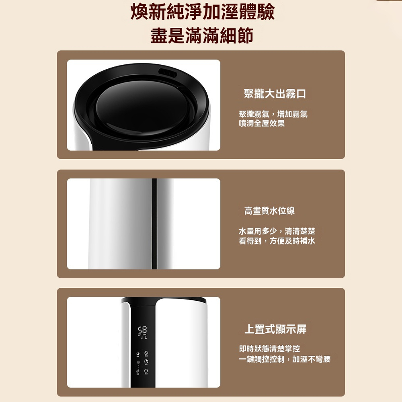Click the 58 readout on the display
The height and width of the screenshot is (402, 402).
142,330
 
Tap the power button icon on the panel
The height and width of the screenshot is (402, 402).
146,371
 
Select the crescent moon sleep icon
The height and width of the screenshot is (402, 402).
138,353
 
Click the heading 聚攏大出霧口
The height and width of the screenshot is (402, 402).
275,94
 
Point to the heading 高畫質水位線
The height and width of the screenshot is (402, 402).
269,211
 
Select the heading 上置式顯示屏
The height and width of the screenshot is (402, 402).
276,329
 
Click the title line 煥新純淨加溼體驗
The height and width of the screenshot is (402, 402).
203,12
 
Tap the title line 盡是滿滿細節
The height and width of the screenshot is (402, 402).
202,35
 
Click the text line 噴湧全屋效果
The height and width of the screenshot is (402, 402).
262,123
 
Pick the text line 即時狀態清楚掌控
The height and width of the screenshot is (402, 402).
269,349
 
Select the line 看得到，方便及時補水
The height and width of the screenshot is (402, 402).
277,241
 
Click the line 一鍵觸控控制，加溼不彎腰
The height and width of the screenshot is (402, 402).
285,359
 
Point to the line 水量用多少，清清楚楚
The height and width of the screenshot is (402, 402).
277,231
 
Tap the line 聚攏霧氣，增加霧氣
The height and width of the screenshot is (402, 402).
273,114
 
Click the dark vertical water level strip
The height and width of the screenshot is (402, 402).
155,224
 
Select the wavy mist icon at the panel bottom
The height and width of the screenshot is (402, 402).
138,371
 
